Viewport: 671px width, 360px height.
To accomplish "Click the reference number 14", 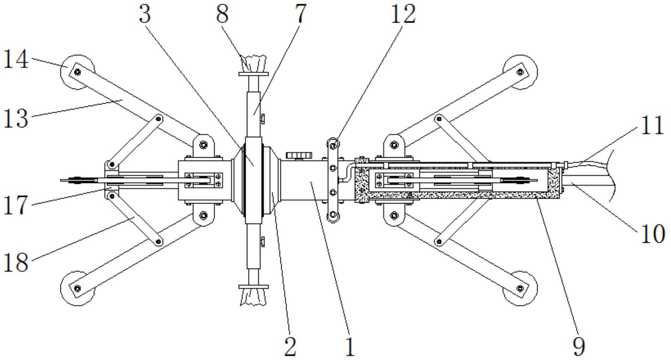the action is click(x=16, y=60).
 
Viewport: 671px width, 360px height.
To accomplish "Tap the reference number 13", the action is click(x=16, y=118).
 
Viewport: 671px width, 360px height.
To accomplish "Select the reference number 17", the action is click(x=16, y=205).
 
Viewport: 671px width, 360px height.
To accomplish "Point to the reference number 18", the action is click(x=16, y=263).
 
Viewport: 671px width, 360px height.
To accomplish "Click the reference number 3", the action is click(x=145, y=14).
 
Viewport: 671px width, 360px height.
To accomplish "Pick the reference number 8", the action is click(x=223, y=14).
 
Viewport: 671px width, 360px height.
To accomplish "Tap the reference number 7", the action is click(x=300, y=14).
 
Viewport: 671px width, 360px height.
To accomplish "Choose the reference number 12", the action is click(x=403, y=14).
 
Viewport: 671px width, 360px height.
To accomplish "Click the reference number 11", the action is click(x=652, y=125).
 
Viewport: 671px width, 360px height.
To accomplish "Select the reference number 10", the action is click(x=652, y=234).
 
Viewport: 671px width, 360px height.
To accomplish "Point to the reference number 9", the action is click(x=579, y=346).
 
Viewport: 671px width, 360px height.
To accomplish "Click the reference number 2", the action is click(x=290, y=346).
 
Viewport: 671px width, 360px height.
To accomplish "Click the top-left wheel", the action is click(x=78, y=72).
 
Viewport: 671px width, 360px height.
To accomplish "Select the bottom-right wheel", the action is click(x=520, y=288).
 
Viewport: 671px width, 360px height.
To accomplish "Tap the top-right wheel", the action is click(x=520, y=72).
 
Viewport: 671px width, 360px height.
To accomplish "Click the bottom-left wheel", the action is click(x=78, y=288).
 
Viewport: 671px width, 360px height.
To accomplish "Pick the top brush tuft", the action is click(x=253, y=64).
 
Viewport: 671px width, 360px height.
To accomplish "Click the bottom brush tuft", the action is click(x=253, y=297).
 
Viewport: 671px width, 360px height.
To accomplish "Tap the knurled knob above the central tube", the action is click(x=299, y=155).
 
